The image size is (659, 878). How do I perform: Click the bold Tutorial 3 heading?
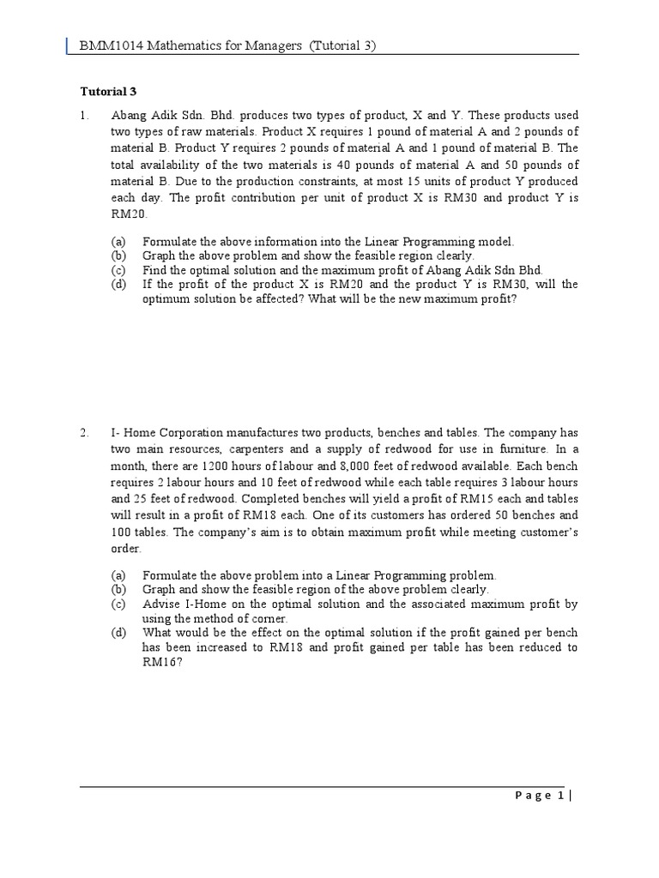click(x=108, y=91)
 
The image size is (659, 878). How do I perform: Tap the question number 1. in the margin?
click(x=85, y=116)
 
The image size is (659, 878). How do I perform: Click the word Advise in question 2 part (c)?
click(x=160, y=604)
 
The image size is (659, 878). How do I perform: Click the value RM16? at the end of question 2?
click(x=158, y=662)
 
